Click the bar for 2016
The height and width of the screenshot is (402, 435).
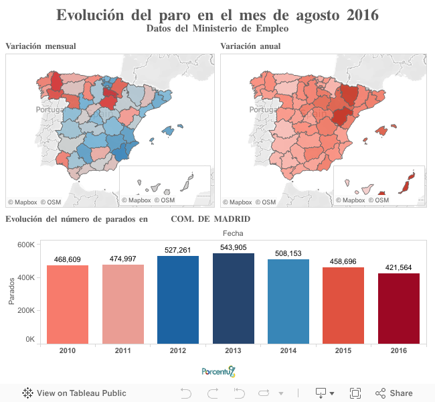tap(399, 308)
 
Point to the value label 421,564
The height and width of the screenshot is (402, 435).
tap(399, 267)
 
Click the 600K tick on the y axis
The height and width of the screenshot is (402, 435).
tap(26, 245)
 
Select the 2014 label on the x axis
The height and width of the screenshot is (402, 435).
tap(288, 350)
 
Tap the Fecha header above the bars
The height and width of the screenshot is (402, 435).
tap(233, 232)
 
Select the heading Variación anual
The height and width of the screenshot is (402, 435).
tap(250, 46)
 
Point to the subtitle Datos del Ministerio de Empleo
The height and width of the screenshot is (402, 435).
tap(217, 28)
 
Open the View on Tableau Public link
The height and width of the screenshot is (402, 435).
tap(74, 393)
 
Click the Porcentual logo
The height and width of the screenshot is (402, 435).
tap(218, 371)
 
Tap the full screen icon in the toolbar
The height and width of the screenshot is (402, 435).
tap(355, 393)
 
